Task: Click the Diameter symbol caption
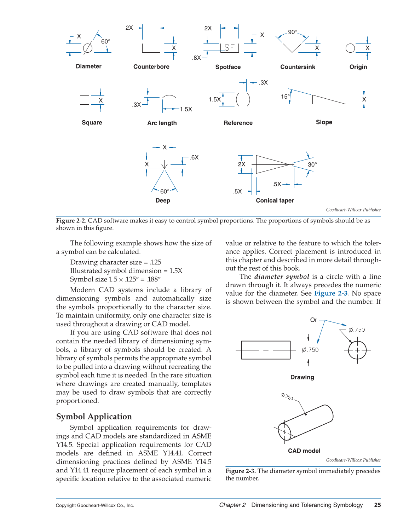(x=88, y=66)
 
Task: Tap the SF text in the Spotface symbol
(x=229, y=48)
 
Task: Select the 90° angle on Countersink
(x=292, y=32)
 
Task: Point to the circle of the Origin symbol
(x=350, y=48)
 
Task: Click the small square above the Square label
(x=85, y=100)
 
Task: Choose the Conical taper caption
(x=275, y=201)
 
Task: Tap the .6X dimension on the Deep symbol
(x=194, y=157)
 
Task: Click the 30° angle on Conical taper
(x=312, y=164)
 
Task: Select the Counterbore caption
(x=151, y=67)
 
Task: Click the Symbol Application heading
(x=94, y=417)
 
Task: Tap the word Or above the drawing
(x=313, y=320)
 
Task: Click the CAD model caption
(x=304, y=451)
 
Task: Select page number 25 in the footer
(x=378, y=505)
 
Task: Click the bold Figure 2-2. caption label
(x=71, y=221)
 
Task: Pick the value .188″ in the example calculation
(x=153, y=279)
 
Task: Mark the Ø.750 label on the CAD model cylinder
(x=287, y=397)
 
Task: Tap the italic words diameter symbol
(x=282, y=277)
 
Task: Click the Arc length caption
(x=162, y=123)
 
